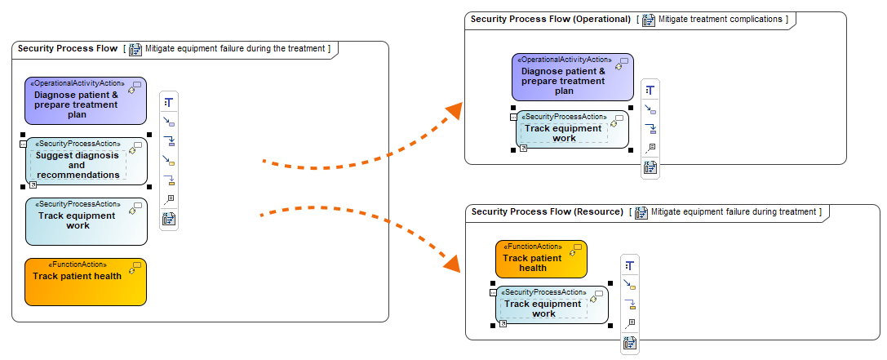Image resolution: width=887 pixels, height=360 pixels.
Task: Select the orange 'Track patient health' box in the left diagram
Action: click(x=86, y=282)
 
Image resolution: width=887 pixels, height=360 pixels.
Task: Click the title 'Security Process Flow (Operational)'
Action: click(x=550, y=19)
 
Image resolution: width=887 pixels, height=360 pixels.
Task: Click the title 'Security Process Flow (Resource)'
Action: click(x=547, y=212)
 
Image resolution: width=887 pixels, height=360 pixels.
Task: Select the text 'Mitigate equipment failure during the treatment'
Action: click(x=236, y=49)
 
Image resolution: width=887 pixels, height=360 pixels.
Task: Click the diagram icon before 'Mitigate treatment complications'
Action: click(x=649, y=20)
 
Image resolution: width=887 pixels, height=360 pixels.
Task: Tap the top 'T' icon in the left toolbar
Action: click(x=169, y=102)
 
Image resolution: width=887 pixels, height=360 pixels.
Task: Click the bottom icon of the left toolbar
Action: click(x=169, y=219)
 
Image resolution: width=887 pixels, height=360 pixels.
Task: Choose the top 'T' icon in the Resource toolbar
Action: click(x=629, y=265)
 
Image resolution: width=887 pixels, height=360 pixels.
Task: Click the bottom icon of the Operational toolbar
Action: click(x=650, y=167)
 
